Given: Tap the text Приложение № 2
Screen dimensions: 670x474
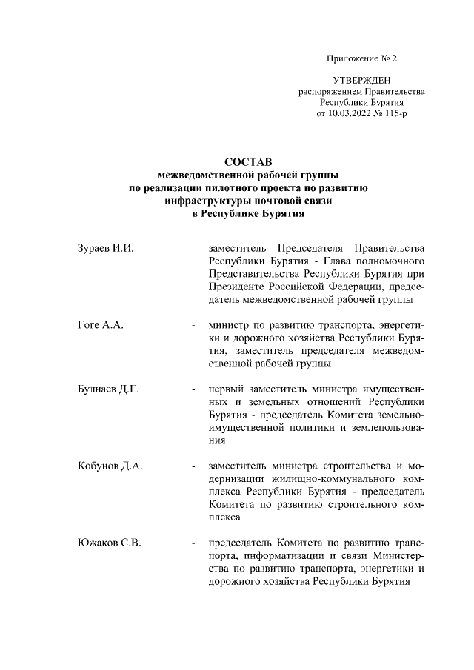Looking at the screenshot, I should pyautogui.click(x=361, y=58).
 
